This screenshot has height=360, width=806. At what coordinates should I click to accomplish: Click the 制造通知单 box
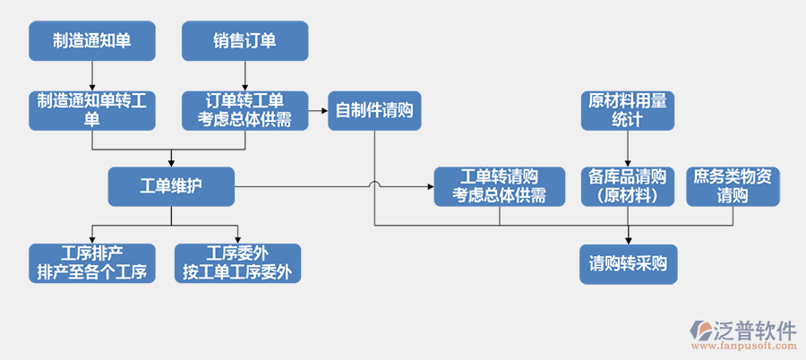click(92, 41)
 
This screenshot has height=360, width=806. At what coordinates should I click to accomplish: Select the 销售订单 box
click(244, 41)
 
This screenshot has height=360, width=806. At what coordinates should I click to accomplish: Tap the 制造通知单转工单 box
click(92, 111)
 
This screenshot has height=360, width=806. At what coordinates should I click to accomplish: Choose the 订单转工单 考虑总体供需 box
click(244, 111)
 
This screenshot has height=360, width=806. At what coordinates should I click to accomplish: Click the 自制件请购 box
click(373, 111)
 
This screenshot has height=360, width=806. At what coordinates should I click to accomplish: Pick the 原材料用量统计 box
click(627, 111)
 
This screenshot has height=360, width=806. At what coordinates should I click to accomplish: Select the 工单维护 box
click(171, 186)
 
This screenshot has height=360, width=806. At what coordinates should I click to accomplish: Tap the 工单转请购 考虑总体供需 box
click(499, 186)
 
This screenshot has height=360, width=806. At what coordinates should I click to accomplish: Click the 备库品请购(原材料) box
click(627, 186)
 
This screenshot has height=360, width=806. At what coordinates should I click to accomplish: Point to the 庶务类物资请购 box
click(733, 186)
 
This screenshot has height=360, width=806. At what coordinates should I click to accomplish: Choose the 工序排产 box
click(92, 263)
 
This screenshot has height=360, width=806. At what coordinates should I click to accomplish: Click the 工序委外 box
click(237, 263)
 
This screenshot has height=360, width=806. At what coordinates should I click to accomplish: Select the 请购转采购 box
click(627, 263)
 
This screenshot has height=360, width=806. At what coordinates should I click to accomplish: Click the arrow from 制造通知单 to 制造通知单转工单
click(92, 75)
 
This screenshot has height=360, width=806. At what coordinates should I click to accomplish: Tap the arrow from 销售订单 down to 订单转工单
click(244, 75)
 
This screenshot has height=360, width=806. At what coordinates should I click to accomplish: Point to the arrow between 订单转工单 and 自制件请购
click(318, 111)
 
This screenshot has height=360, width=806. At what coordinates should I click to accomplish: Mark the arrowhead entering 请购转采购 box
click(627, 239)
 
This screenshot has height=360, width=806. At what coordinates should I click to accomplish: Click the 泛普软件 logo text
click(754, 329)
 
